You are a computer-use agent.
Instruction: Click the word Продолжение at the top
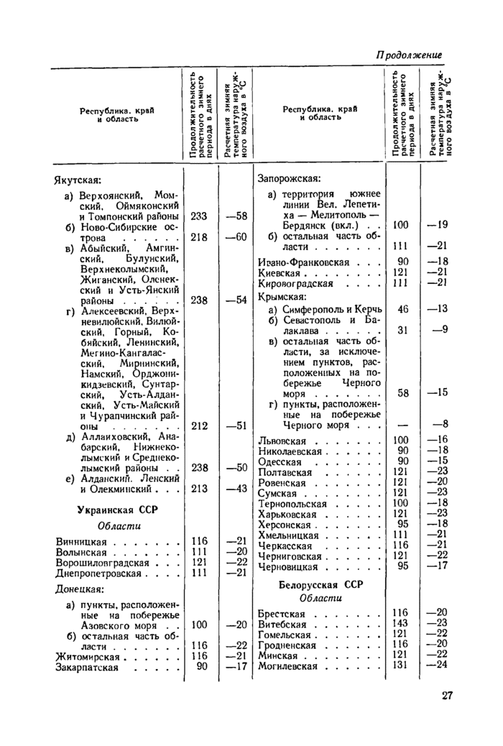click(x=409, y=55)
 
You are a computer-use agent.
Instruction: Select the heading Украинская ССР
click(x=117, y=510)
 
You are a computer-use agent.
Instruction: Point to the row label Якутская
click(x=78, y=178)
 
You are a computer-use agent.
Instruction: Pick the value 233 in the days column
click(x=199, y=216)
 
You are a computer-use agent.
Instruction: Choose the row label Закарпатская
click(x=87, y=667)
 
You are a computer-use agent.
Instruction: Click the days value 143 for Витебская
click(x=400, y=624)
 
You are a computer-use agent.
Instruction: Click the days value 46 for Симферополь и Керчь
click(x=402, y=308)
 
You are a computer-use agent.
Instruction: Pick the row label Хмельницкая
click(x=288, y=535)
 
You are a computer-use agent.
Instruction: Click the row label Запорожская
click(x=288, y=178)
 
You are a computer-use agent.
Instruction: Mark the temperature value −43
click(x=236, y=489)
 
